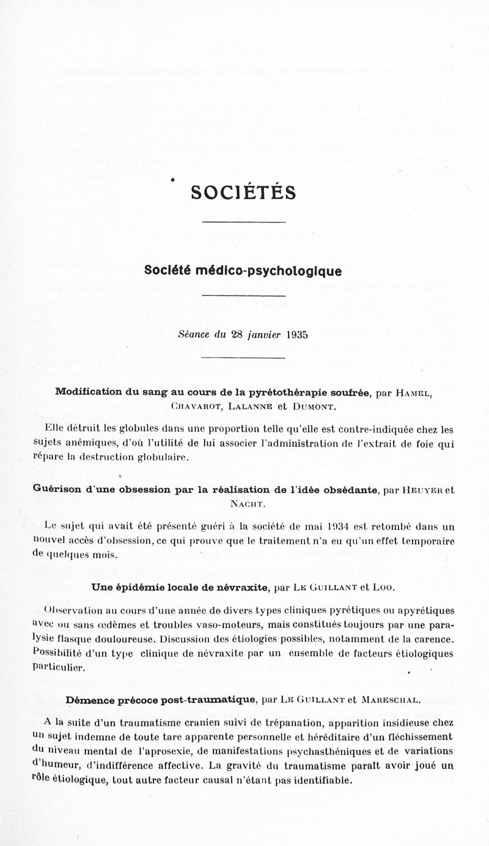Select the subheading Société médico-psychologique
(x=243, y=270)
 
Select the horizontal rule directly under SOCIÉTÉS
(x=243, y=221)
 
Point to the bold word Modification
(x=91, y=392)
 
